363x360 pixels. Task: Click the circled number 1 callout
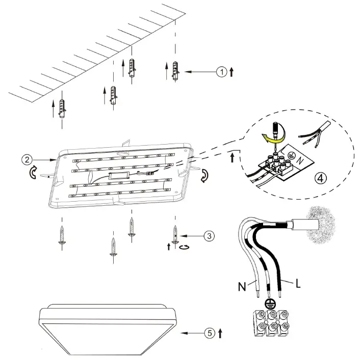click(221, 72)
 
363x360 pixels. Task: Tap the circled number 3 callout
click(208, 236)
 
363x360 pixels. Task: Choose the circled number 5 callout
click(209, 334)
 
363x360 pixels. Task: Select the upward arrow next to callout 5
click(220, 334)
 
